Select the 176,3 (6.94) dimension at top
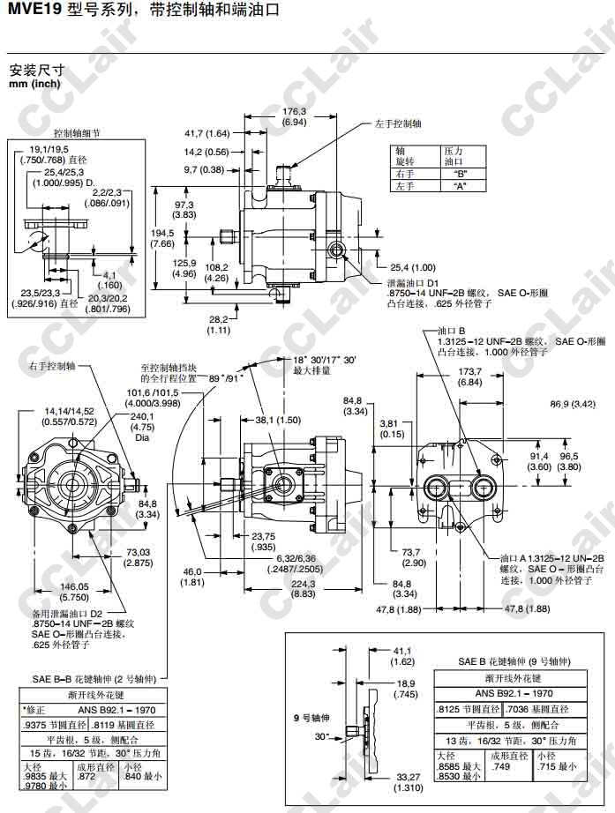(294, 117)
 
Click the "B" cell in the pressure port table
(459, 174)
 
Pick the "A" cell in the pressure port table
(459, 186)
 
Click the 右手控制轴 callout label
(52, 364)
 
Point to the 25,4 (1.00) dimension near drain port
(412, 267)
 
